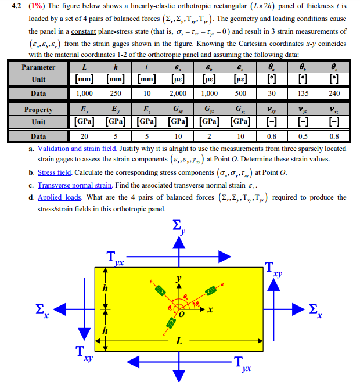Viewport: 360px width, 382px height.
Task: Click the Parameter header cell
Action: (x=39, y=67)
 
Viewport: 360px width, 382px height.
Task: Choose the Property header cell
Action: (x=39, y=110)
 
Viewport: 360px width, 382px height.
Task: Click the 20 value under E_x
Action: (x=84, y=136)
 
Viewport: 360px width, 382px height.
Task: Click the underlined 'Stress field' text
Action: (x=55, y=172)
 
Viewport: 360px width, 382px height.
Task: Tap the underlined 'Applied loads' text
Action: (x=59, y=197)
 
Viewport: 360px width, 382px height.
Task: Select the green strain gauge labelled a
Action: (x=210, y=287)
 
